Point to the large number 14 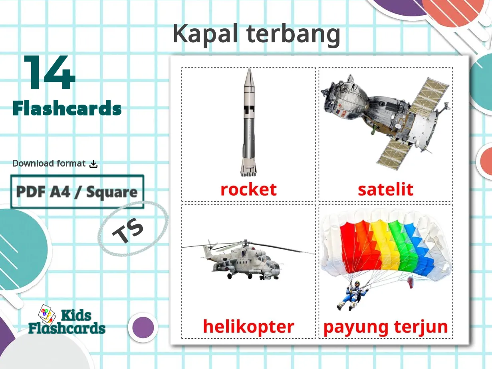(50, 73)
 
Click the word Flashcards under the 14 (67, 109)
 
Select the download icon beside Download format (93, 164)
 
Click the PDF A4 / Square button (77, 192)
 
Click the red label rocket (248, 189)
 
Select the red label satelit (385, 189)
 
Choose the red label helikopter (248, 327)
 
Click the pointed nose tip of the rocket (248, 71)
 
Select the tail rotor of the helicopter (208, 244)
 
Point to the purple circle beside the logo (143, 327)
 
